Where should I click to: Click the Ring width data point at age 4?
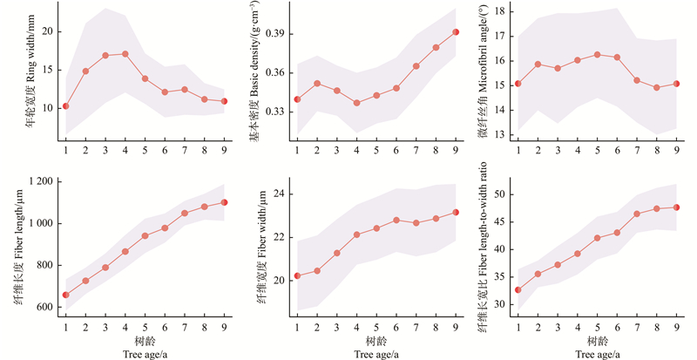coord(125,54)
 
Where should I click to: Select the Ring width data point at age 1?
coord(66,106)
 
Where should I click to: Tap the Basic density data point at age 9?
coord(456,32)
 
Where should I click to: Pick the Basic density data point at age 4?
coord(356,103)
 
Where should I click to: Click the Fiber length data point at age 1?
coord(66,295)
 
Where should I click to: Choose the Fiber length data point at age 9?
coord(224,202)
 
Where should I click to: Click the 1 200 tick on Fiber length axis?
coord(40,181)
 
